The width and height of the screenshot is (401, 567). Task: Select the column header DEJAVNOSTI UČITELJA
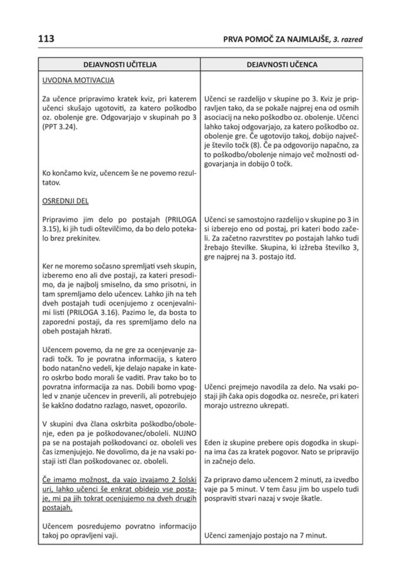point(120,65)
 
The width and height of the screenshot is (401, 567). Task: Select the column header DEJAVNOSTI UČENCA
point(282,65)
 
